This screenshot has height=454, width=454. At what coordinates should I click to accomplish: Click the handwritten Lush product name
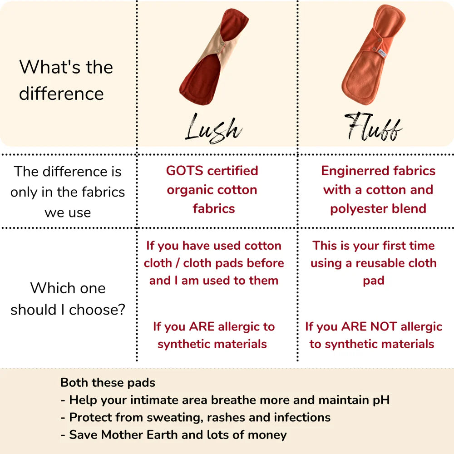tap(214, 128)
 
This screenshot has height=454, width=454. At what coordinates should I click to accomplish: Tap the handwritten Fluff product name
tap(373, 127)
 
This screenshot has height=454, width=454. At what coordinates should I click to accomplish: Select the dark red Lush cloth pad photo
tap(214, 57)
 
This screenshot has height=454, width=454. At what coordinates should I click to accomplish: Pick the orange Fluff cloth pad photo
tap(374, 55)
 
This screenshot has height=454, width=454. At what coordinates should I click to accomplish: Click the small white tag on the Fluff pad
tap(382, 53)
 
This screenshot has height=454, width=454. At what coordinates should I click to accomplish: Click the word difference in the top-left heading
tap(61, 94)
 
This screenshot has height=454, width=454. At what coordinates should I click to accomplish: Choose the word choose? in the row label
tap(97, 310)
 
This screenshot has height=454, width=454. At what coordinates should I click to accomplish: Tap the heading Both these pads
tap(108, 383)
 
